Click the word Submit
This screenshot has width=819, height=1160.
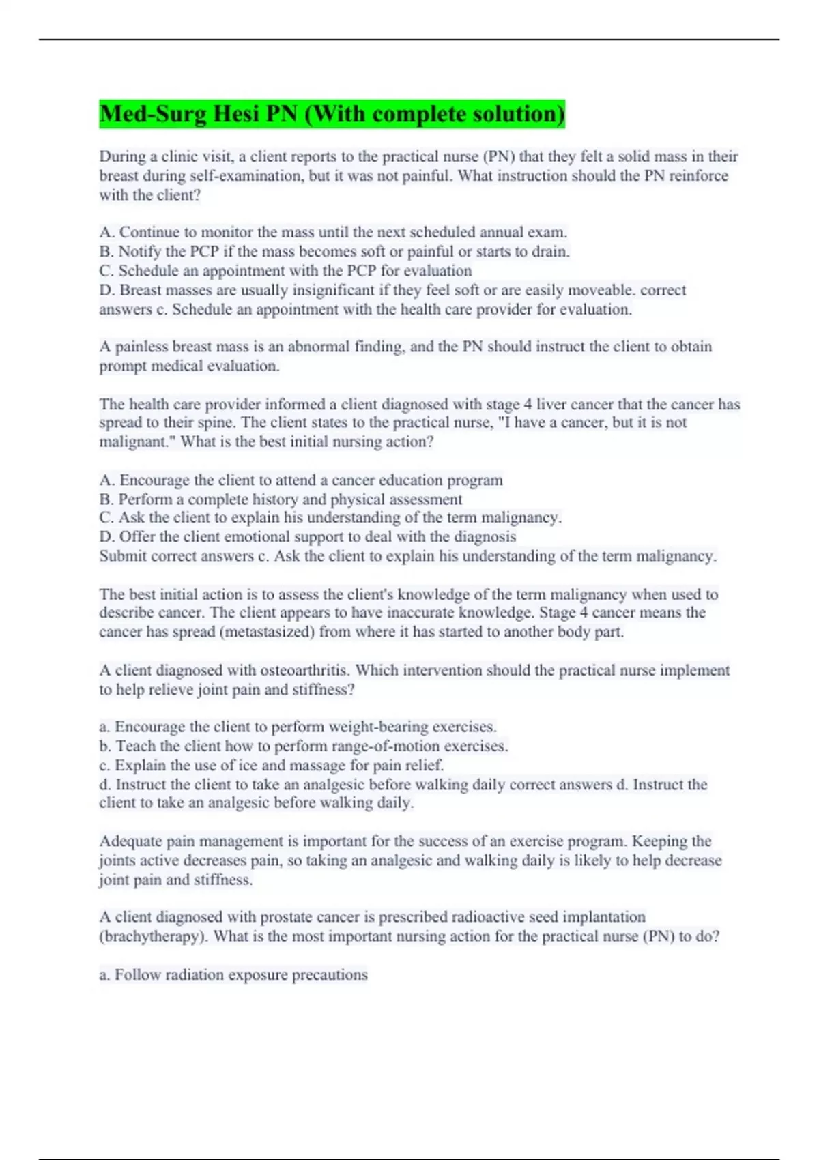pyautogui.click(x=123, y=556)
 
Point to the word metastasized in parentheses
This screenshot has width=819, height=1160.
pyautogui.click(x=267, y=632)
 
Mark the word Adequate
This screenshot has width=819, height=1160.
pyautogui.click(x=129, y=841)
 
